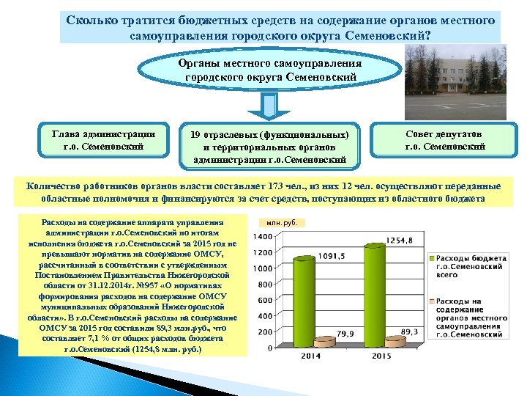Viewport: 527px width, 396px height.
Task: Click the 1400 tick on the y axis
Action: [x=263, y=236]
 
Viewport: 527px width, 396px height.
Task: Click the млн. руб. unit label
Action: [x=281, y=221]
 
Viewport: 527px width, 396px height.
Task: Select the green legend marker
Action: [x=433, y=259]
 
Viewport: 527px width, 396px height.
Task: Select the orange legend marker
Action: [x=433, y=301]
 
